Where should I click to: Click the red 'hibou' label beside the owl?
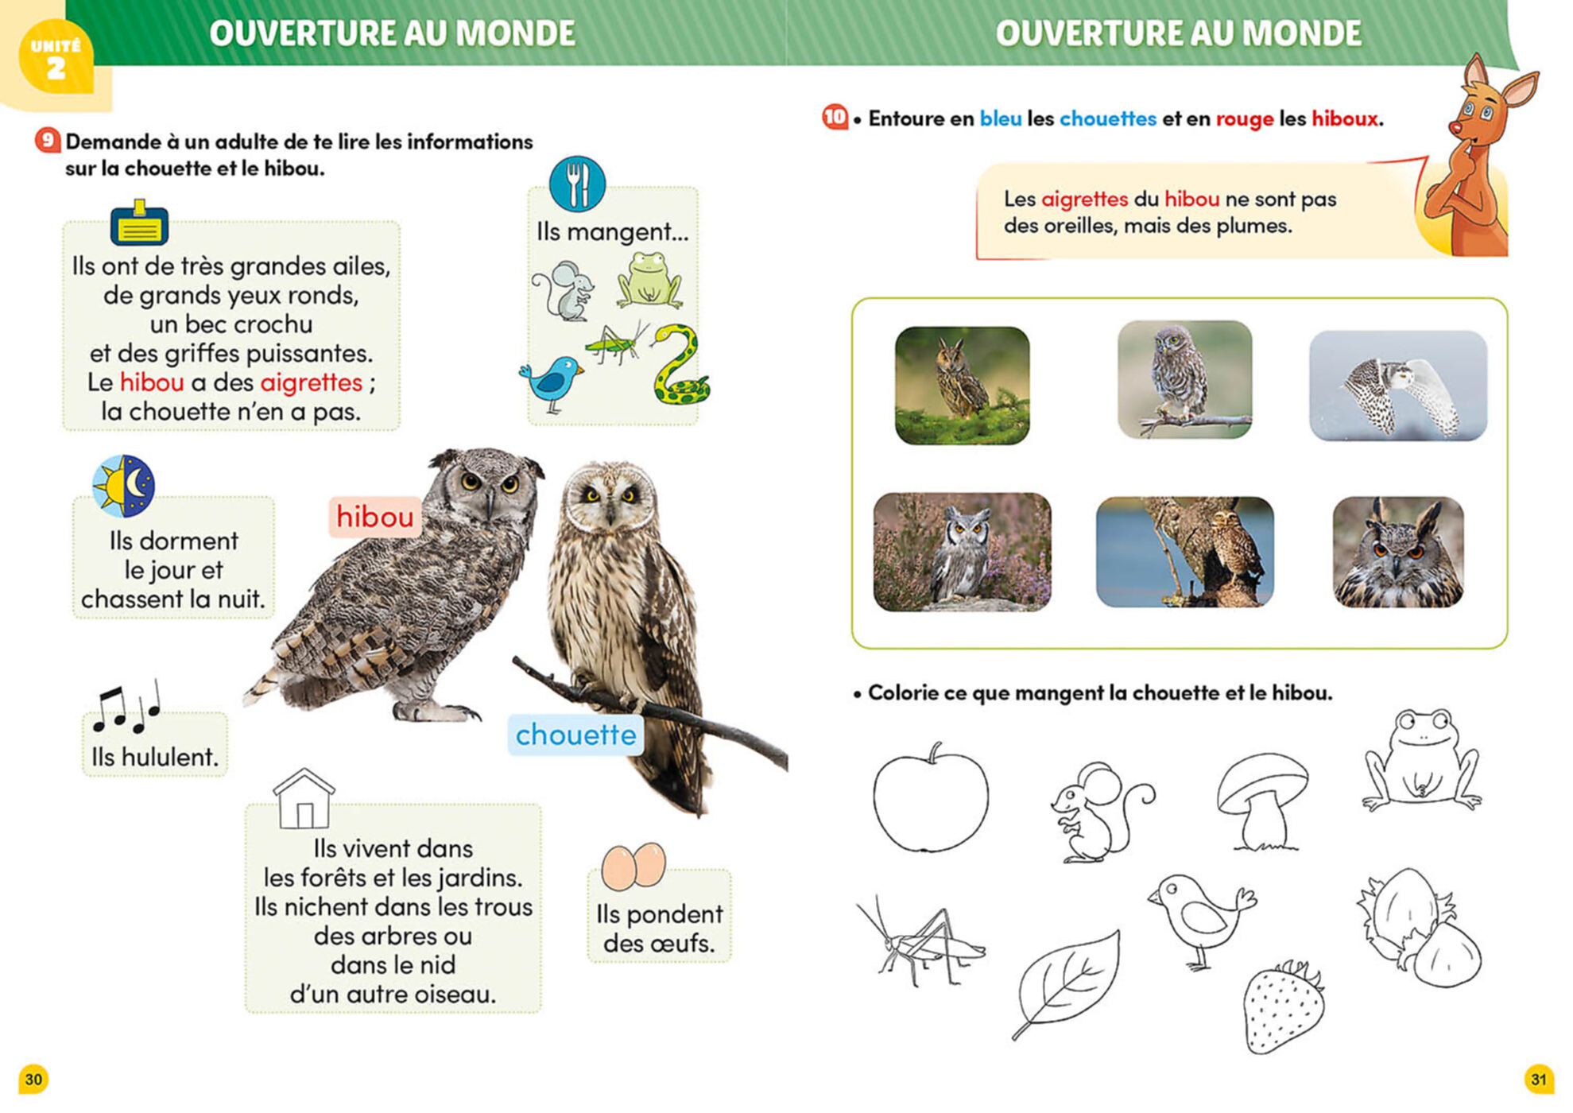(x=374, y=517)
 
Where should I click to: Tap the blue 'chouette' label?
(x=575, y=735)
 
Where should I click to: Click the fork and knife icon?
(x=577, y=184)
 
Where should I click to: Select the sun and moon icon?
(x=123, y=486)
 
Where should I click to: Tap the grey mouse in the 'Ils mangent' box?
(x=564, y=290)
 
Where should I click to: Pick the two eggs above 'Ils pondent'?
(x=633, y=866)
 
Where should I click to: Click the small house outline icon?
(x=303, y=799)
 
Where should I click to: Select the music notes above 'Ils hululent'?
(x=127, y=706)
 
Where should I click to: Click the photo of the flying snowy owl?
(x=1398, y=386)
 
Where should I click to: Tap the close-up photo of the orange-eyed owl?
(x=1398, y=553)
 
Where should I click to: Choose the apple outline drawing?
(x=931, y=797)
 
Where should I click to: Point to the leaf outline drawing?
(x=1067, y=984)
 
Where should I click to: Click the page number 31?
(x=1539, y=1080)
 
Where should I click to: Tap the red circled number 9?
(x=47, y=141)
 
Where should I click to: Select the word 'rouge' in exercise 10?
(x=1244, y=119)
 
